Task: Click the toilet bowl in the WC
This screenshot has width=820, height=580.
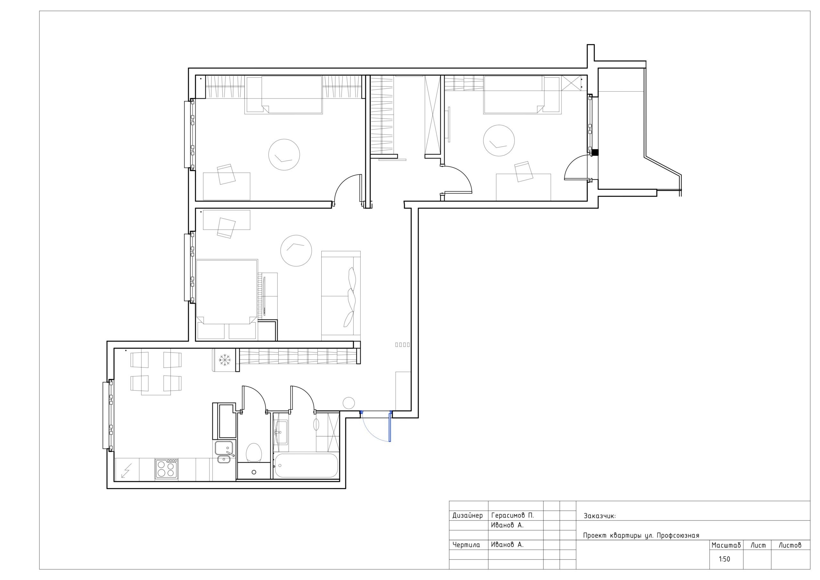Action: pyautogui.click(x=254, y=452)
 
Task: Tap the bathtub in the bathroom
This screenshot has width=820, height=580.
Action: pyautogui.click(x=305, y=466)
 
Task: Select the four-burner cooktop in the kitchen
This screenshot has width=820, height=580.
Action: pyautogui.click(x=167, y=469)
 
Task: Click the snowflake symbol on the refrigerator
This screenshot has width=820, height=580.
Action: pyautogui.click(x=224, y=360)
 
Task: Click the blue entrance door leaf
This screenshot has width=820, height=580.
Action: pyautogui.click(x=389, y=427)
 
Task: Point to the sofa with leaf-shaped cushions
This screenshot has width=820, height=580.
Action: pyautogui.click(x=341, y=295)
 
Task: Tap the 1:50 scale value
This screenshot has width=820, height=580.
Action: pyautogui.click(x=724, y=559)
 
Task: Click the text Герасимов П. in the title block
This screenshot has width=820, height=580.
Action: pyautogui.click(x=512, y=515)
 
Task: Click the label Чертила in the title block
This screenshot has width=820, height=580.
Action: pyautogui.click(x=466, y=545)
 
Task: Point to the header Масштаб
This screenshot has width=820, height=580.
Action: pyautogui.click(x=726, y=545)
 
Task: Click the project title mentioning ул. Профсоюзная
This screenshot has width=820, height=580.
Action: pyautogui.click(x=641, y=536)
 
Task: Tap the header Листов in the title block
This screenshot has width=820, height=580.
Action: pyautogui.click(x=790, y=545)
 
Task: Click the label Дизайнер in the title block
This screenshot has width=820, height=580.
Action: pyautogui.click(x=468, y=515)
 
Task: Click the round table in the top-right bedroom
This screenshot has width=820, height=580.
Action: pyautogui.click(x=499, y=140)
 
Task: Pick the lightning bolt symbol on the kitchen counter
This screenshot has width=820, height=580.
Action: pyautogui.click(x=126, y=471)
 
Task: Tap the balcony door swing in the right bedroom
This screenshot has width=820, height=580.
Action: pyautogui.click(x=576, y=167)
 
